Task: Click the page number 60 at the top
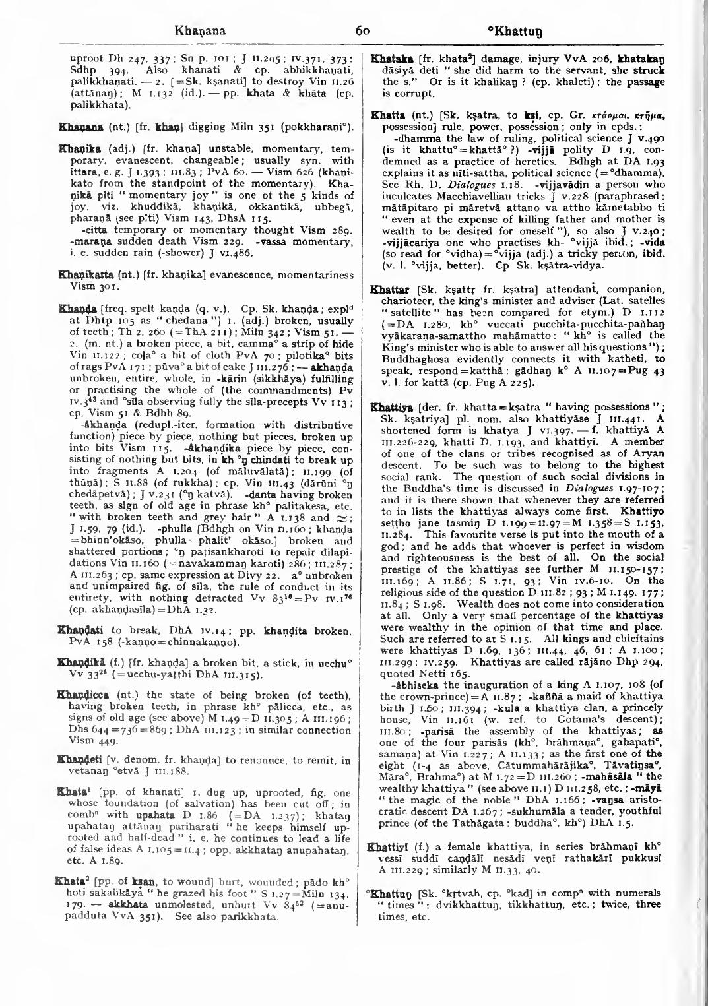coord(361,30)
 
